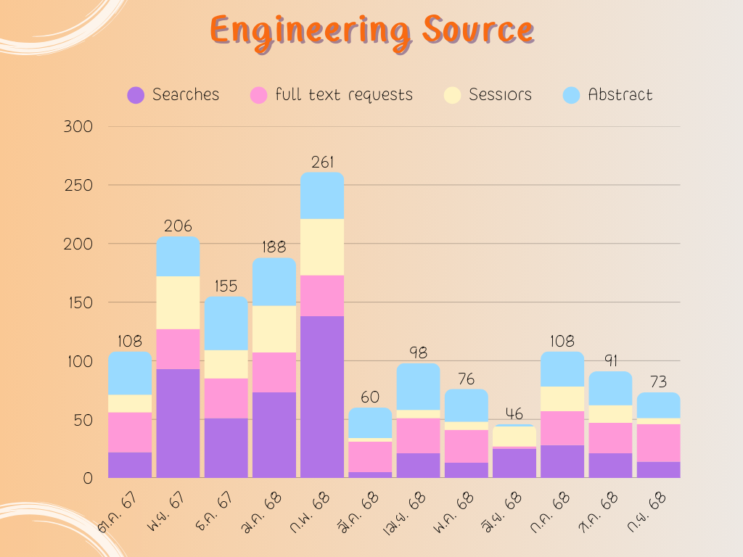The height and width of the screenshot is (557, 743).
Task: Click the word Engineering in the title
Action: (305, 30)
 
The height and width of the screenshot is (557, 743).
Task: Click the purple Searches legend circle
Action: (136, 95)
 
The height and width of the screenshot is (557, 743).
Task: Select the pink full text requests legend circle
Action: (259, 95)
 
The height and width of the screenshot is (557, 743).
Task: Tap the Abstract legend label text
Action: (620, 95)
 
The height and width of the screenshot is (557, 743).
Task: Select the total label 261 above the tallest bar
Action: (322, 162)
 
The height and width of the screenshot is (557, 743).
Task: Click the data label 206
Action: (178, 226)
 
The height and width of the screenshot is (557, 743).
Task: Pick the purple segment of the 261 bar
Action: (322, 397)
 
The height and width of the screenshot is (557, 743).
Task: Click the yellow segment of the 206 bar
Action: (178, 302)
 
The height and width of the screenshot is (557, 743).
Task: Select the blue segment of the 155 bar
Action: (226, 323)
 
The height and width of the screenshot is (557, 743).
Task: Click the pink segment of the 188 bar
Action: (274, 372)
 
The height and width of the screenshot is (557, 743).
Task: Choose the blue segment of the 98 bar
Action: (418, 387)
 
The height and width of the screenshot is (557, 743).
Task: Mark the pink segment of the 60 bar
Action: (370, 457)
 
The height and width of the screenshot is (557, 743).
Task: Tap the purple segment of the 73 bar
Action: (658, 470)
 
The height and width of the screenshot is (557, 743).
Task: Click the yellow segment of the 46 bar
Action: (514, 437)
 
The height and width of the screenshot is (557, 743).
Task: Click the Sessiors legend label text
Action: (500, 95)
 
